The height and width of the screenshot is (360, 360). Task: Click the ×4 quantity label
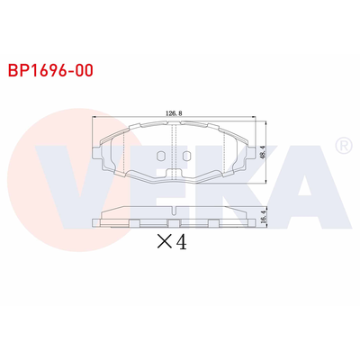click(170, 242)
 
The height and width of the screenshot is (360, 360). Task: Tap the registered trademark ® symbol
click(342, 145)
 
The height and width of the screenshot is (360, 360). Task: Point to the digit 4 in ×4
click(180, 242)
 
